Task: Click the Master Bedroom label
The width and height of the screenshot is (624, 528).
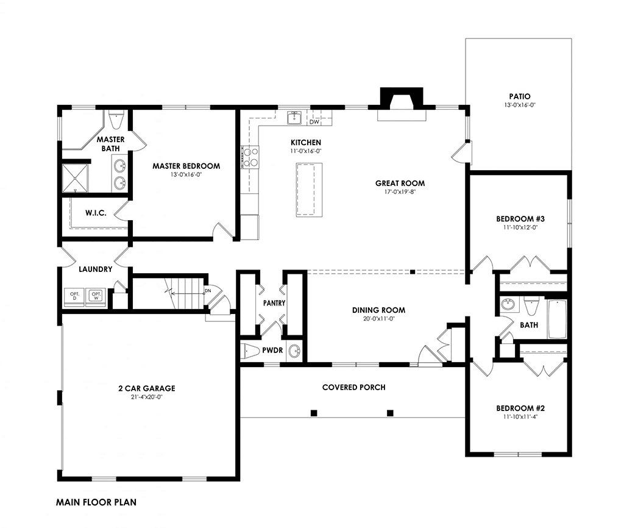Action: (x=186, y=166)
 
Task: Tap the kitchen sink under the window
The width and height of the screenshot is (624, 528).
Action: (x=294, y=118)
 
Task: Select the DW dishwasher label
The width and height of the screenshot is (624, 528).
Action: (x=314, y=122)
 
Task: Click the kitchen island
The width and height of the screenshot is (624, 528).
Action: (x=309, y=190)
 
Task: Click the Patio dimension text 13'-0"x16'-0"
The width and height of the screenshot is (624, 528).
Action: (x=520, y=105)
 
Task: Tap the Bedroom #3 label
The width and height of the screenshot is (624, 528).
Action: (x=520, y=219)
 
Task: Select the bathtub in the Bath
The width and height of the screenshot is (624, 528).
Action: (x=557, y=319)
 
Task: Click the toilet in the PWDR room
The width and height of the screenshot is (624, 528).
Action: (x=249, y=351)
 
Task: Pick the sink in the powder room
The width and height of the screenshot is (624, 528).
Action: (x=294, y=351)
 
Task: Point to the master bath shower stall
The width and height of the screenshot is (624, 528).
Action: (x=75, y=177)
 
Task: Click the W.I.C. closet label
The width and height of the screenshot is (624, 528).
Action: (x=96, y=213)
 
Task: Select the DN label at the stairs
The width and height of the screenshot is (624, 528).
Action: (x=207, y=291)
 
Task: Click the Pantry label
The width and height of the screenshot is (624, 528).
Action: (x=274, y=303)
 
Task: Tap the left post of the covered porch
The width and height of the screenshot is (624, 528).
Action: (x=314, y=413)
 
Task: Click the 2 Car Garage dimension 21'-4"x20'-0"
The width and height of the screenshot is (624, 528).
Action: (x=146, y=396)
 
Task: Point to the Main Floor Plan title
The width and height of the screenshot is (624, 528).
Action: (x=96, y=502)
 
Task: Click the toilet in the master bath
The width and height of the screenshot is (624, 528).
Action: (x=116, y=120)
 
